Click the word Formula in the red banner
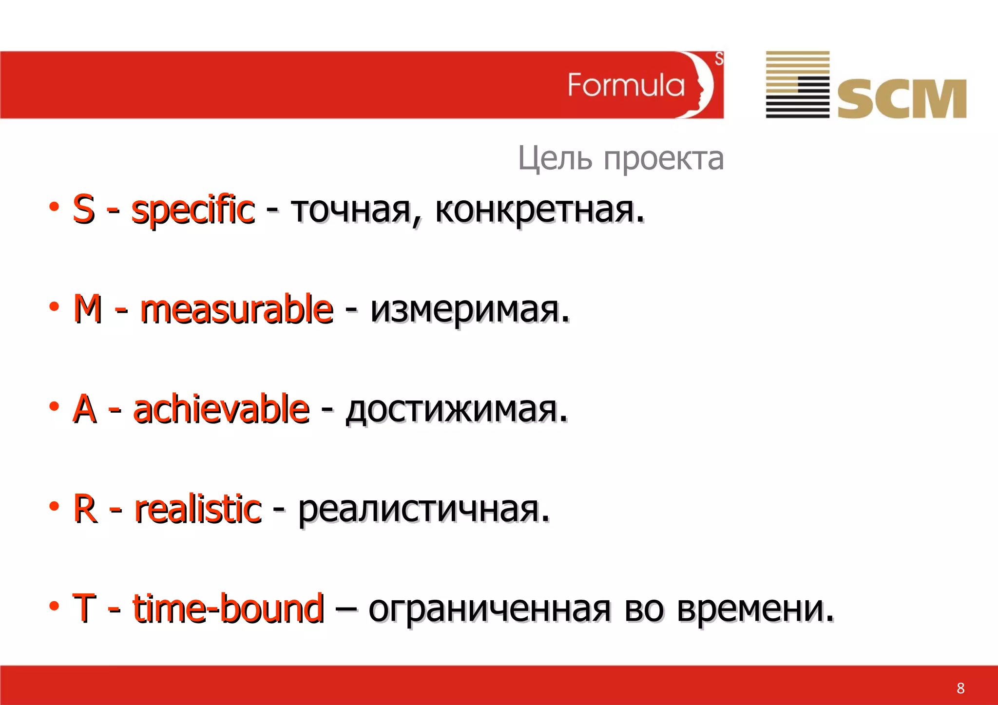(626, 85)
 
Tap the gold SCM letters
(902, 99)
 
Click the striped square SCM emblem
(797, 84)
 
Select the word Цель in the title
(555, 158)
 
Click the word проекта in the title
(664, 159)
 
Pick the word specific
(193, 210)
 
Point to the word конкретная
(539, 210)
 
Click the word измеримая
(470, 309)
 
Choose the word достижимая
(457, 409)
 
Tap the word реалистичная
(423, 509)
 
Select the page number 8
(960, 688)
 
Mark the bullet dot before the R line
(54, 506)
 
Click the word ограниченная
(489, 609)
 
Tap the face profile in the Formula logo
(702, 85)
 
